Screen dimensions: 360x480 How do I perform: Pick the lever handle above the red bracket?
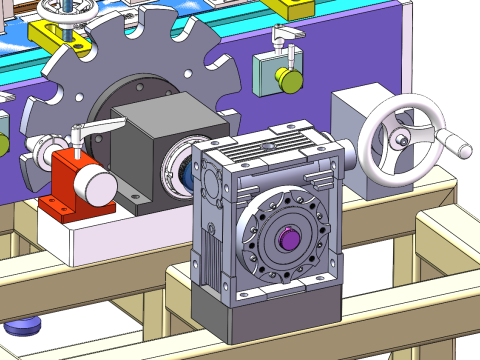(x=100, y=127)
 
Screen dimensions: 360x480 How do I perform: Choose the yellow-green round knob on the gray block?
(x=289, y=77)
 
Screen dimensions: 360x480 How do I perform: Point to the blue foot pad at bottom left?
(x=22, y=326)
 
